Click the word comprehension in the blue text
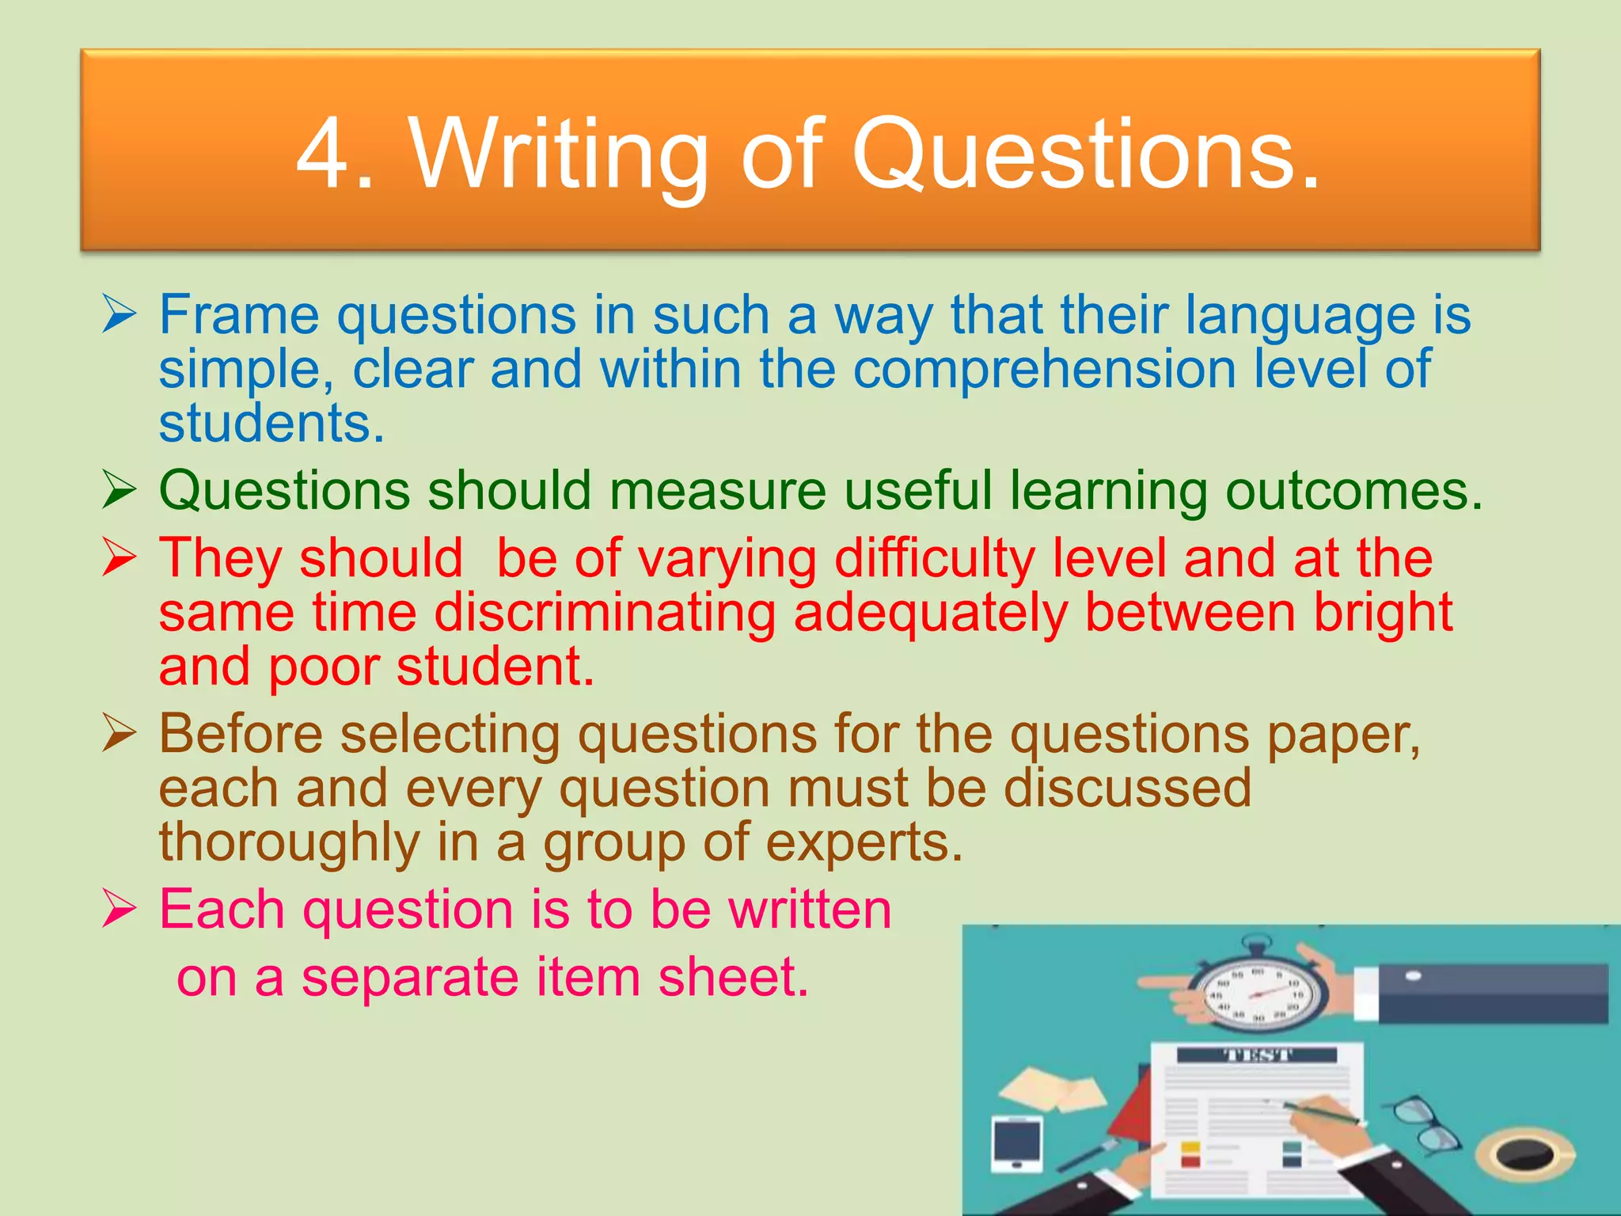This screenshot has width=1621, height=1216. click(1045, 369)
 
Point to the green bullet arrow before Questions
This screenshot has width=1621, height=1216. click(120, 491)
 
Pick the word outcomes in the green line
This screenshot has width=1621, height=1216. click(1353, 491)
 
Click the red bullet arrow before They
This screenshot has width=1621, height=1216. click(120, 558)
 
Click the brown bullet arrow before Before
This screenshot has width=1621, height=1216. click(120, 734)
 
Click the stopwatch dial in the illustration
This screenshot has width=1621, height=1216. click(1258, 994)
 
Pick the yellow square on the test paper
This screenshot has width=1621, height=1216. click(1190, 1146)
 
